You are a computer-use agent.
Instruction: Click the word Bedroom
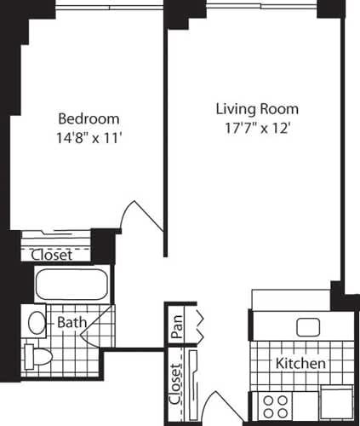tap(89, 118)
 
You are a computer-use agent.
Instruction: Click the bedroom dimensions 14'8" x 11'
tap(89, 138)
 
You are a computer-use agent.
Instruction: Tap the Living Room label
tap(257, 110)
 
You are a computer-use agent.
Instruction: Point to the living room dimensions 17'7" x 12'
tap(257, 130)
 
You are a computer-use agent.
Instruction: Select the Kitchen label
tap(300, 363)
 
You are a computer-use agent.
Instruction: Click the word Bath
tap(69, 323)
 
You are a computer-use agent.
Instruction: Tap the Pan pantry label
tap(177, 330)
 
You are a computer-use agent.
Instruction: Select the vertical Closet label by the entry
tap(176, 383)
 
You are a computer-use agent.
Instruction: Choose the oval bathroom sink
tap(36, 322)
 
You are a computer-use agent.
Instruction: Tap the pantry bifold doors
tap(201, 327)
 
